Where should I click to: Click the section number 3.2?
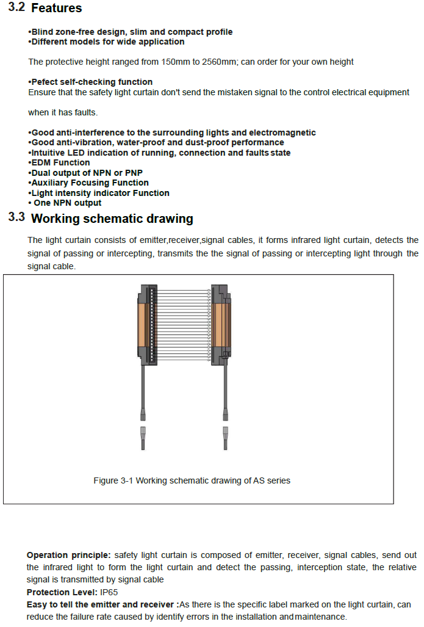click(x=16, y=7)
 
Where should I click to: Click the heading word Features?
click(x=56, y=8)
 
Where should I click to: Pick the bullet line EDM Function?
click(x=60, y=162)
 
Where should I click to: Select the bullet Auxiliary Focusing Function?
click(x=89, y=183)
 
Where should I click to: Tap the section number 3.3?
click(x=16, y=217)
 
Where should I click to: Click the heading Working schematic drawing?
click(x=112, y=219)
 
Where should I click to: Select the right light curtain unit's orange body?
click(x=222, y=324)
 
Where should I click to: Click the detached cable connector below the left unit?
click(x=143, y=438)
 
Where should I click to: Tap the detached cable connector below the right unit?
click(x=225, y=438)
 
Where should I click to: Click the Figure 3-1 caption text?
click(x=192, y=480)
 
